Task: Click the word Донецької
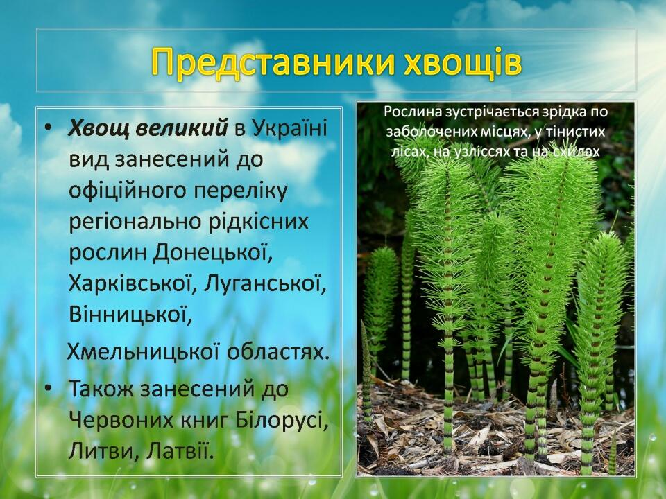point(213,252)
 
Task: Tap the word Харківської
point(132,284)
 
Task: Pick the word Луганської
point(266,284)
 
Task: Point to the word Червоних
point(121,420)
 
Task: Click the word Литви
point(104,450)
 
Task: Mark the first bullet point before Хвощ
point(50,127)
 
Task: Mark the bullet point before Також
point(50,388)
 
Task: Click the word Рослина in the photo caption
point(411,112)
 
